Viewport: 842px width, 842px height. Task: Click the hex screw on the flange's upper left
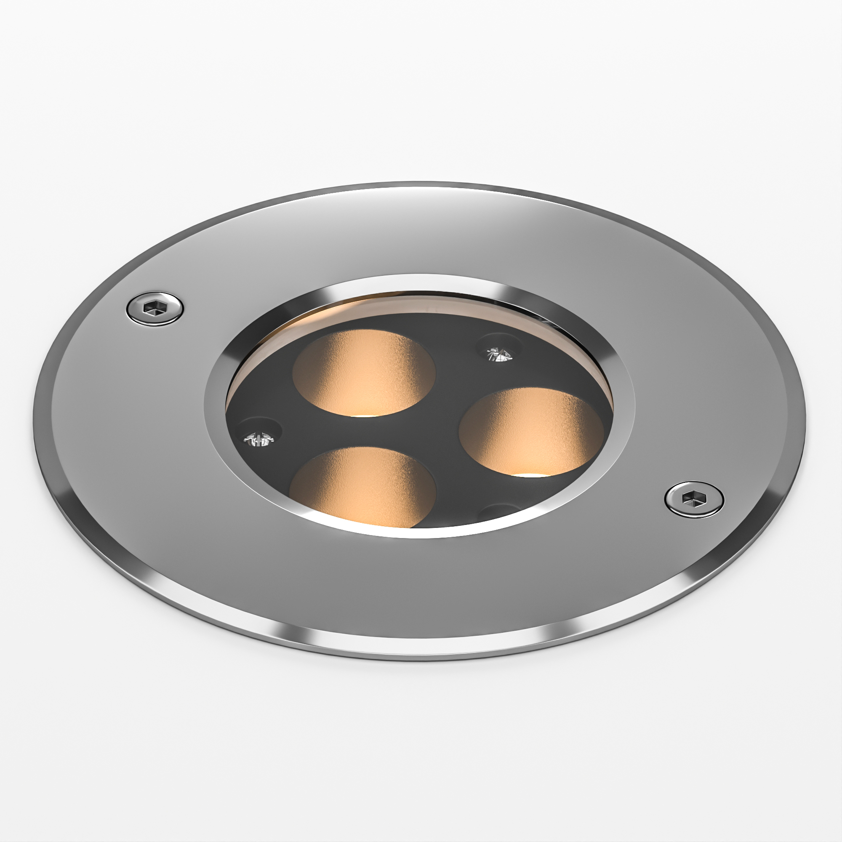(x=154, y=309)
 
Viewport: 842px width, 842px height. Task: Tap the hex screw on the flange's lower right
(x=694, y=498)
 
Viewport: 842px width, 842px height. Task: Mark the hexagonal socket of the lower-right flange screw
(x=693, y=498)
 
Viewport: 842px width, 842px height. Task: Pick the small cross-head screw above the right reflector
(x=499, y=354)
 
